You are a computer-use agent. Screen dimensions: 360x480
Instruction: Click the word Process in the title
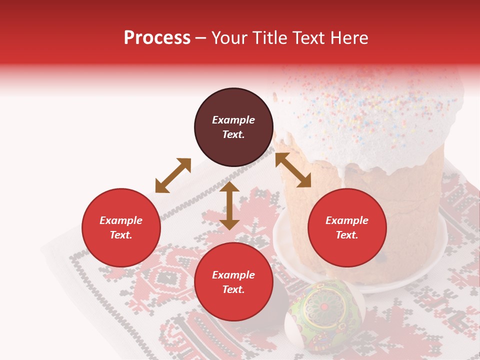click(157, 38)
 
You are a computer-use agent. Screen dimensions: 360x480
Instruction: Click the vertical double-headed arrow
click(229, 205)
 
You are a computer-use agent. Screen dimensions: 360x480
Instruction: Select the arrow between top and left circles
click(173, 175)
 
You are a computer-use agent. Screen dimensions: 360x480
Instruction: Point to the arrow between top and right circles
click(293, 170)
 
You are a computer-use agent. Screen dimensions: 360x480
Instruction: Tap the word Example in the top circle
click(233, 120)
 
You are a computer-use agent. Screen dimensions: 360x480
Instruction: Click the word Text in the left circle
click(121, 235)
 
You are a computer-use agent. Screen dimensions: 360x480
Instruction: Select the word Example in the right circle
click(347, 220)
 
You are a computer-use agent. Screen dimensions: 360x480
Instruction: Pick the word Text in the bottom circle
click(233, 289)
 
